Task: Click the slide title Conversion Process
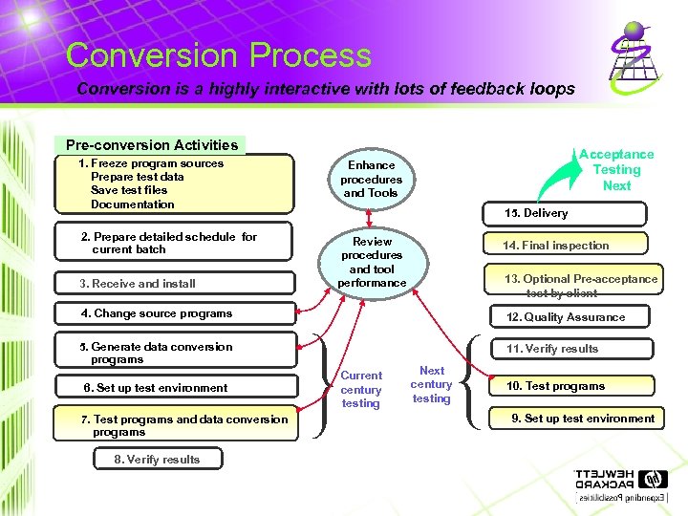(219, 55)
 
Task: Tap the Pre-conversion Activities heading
(152, 145)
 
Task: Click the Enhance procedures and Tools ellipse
(372, 179)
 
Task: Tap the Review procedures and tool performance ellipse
(372, 263)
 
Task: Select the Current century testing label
(360, 390)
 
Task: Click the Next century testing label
(431, 384)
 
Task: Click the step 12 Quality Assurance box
(566, 317)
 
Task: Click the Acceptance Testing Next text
(616, 170)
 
